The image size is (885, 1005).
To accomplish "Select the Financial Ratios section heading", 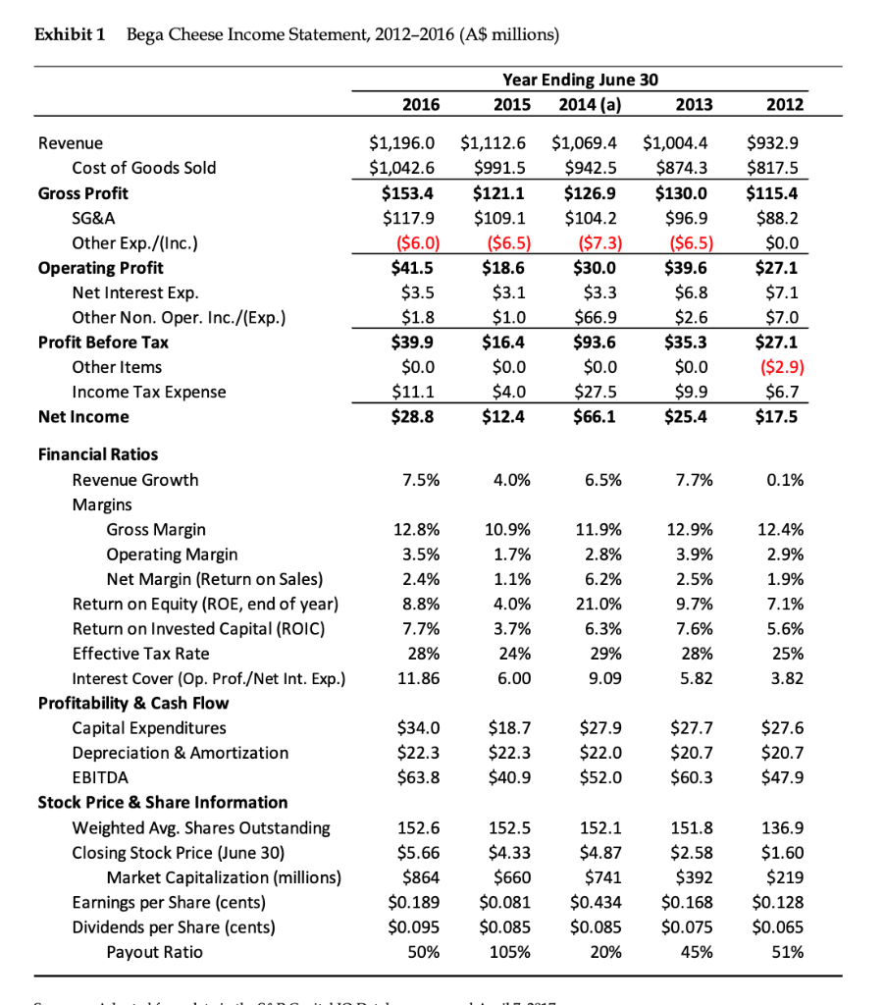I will [x=97, y=454].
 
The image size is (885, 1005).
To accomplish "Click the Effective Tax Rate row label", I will [x=140, y=654].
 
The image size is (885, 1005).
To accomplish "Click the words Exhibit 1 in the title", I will [x=70, y=36].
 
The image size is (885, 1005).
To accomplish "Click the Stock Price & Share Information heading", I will [x=163, y=803].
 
